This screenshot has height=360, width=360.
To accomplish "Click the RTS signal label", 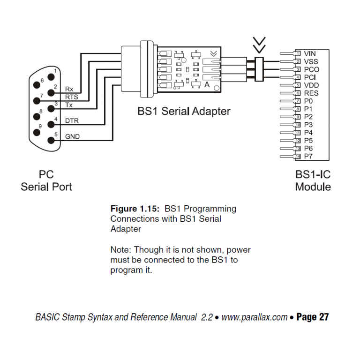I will point(71,97).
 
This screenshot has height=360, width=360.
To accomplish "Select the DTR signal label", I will point(72,121).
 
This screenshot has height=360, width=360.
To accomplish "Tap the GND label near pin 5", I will point(72,137).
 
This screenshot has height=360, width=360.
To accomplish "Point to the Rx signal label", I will point(69,89).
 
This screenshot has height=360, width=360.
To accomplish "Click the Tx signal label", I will point(69,105).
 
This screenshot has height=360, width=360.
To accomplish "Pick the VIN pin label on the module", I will point(310,54).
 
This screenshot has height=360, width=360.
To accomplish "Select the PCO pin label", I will point(311,69).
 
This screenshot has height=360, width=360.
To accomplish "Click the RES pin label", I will point(311,93).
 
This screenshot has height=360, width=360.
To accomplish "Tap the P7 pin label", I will point(308,156).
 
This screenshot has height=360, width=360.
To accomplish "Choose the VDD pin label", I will point(311,85).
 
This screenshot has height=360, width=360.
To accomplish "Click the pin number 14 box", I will point(298,156).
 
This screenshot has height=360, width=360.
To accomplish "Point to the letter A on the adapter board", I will point(207,85).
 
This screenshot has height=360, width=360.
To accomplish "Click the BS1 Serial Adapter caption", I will point(184,112).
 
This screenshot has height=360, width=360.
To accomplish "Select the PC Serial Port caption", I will point(46,181).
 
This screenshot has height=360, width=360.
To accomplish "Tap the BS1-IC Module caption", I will point(313,181).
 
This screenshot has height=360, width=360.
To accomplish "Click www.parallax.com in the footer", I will point(254,317).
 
